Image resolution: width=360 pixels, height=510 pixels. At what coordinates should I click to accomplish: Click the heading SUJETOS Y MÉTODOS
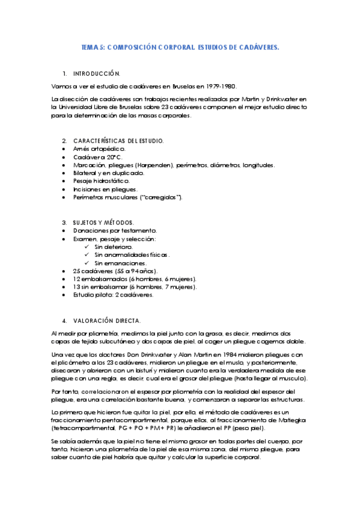pyautogui.click(x=103, y=222)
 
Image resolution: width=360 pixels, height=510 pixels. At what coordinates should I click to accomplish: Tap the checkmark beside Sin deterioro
pyautogui.click(x=88, y=247)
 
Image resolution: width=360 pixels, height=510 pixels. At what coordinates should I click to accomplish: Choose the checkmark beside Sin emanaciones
pyautogui.click(x=88, y=263)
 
